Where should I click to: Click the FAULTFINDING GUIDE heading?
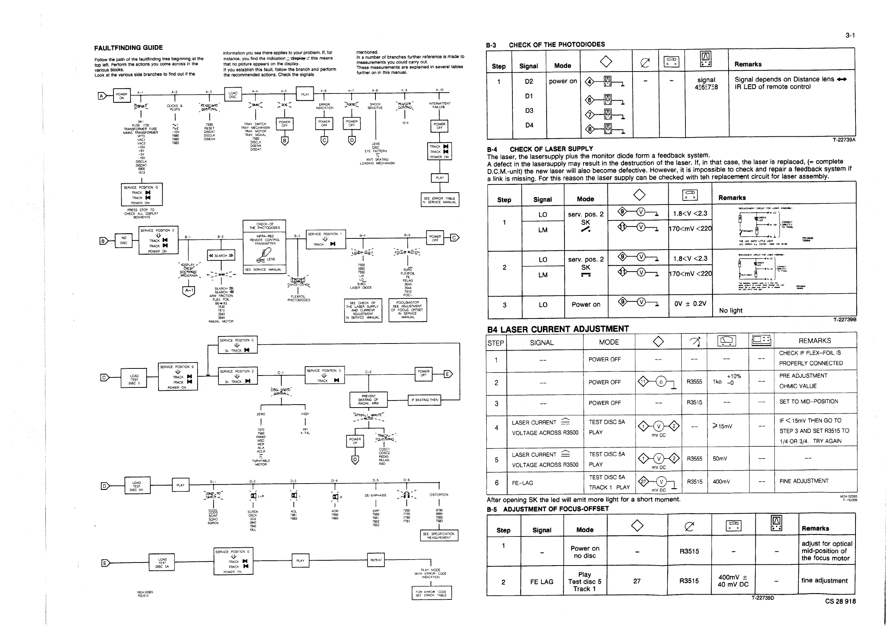tap(128, 48)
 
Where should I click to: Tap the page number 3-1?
tap(850, 35)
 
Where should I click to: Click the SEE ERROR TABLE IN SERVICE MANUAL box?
tap(439, 200)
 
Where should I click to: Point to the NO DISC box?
tap(124, 241)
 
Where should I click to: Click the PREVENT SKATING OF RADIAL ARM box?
tap(368, 399)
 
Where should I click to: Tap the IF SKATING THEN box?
tap(425, 400)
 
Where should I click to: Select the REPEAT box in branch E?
tap(376, 560)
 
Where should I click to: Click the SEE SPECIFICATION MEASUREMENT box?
tap(439, 535)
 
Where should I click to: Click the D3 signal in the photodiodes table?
tap(529, 111)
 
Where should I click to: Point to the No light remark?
tap(730, 311)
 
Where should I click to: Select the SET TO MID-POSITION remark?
tap(809, 402)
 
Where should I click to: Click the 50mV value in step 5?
tap(720, 459)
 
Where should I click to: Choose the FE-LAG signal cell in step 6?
tap(522, 483)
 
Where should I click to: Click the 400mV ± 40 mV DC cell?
tap(733, 581)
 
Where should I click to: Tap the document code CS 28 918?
tap(840, 601)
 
